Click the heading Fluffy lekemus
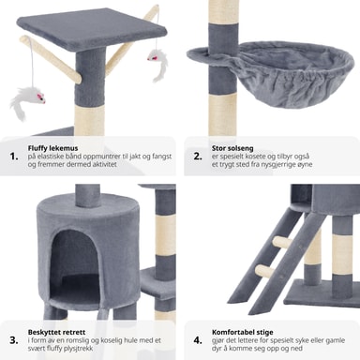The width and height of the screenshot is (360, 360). [52, 148]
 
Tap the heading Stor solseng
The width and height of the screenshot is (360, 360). [232, 148]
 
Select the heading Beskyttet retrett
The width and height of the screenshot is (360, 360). [56, 332]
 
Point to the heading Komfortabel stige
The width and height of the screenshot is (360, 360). [243, 332]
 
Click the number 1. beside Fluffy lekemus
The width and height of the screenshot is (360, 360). [14, 157]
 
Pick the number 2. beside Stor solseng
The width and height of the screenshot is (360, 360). [198, 157]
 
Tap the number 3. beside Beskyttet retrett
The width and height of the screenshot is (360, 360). [14, 340]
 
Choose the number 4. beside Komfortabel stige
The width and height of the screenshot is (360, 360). [198, 340]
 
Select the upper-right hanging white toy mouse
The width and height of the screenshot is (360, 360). [158, 64]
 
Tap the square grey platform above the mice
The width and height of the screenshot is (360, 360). [91, 31]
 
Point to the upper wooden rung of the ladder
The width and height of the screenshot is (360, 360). [282, 242]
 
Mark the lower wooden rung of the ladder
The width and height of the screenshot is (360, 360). [264, 270]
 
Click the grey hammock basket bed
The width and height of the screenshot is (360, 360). [278, 73]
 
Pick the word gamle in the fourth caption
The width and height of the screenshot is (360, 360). [335, 340]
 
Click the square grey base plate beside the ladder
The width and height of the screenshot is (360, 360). [322, 292]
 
